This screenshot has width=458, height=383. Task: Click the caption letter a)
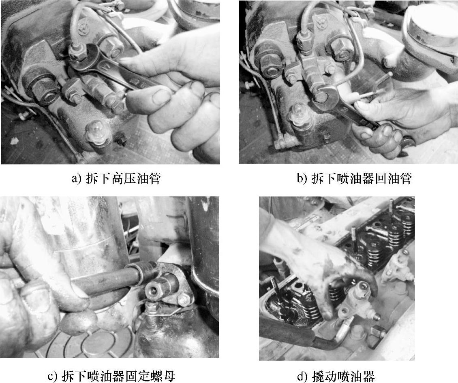pos(76,178)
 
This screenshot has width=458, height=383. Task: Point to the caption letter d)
pos(302,376)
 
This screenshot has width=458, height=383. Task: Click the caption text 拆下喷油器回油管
pos(362,178)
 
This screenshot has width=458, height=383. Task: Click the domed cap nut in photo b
pos(299,117)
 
